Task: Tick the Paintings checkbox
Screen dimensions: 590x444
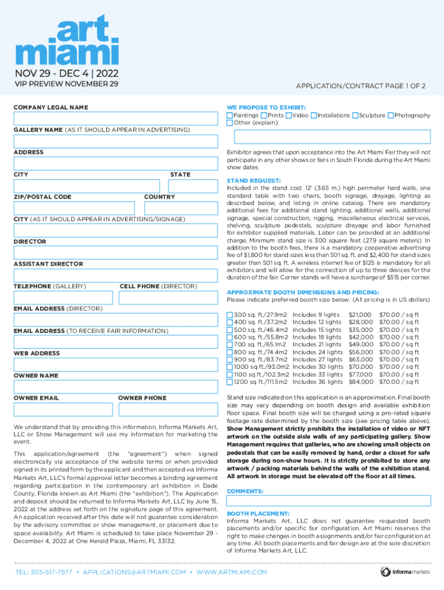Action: point(229,116)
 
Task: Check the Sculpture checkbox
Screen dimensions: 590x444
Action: point(355,116)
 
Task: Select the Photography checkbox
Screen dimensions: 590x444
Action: point(390,116)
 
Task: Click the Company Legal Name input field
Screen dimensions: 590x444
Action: point(115,119)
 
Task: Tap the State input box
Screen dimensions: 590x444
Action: point(193,186)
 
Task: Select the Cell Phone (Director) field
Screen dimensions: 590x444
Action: point(168,297)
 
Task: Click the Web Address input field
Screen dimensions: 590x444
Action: point(115,364)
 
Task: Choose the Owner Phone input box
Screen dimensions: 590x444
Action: point(168,409)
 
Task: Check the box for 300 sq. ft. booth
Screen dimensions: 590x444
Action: point(229,315)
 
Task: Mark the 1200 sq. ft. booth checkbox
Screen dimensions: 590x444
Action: point(229,382)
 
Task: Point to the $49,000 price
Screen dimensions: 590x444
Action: point(361,345)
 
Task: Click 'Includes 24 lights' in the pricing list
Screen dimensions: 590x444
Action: point(318,352)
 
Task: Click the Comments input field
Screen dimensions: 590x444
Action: point(329,501)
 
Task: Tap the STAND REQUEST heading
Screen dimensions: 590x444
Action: point(254,180)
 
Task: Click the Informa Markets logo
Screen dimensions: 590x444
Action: point(404,572)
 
